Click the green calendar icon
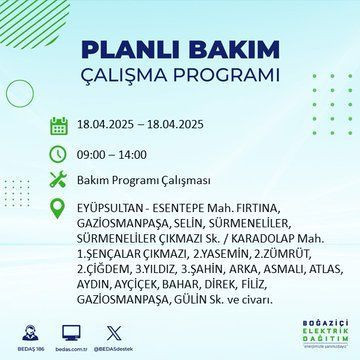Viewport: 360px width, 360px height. (x=59, y=125)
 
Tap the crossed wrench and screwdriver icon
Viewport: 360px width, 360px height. (x=59, y=181)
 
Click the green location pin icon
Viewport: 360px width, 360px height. (x=59, y=209)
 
